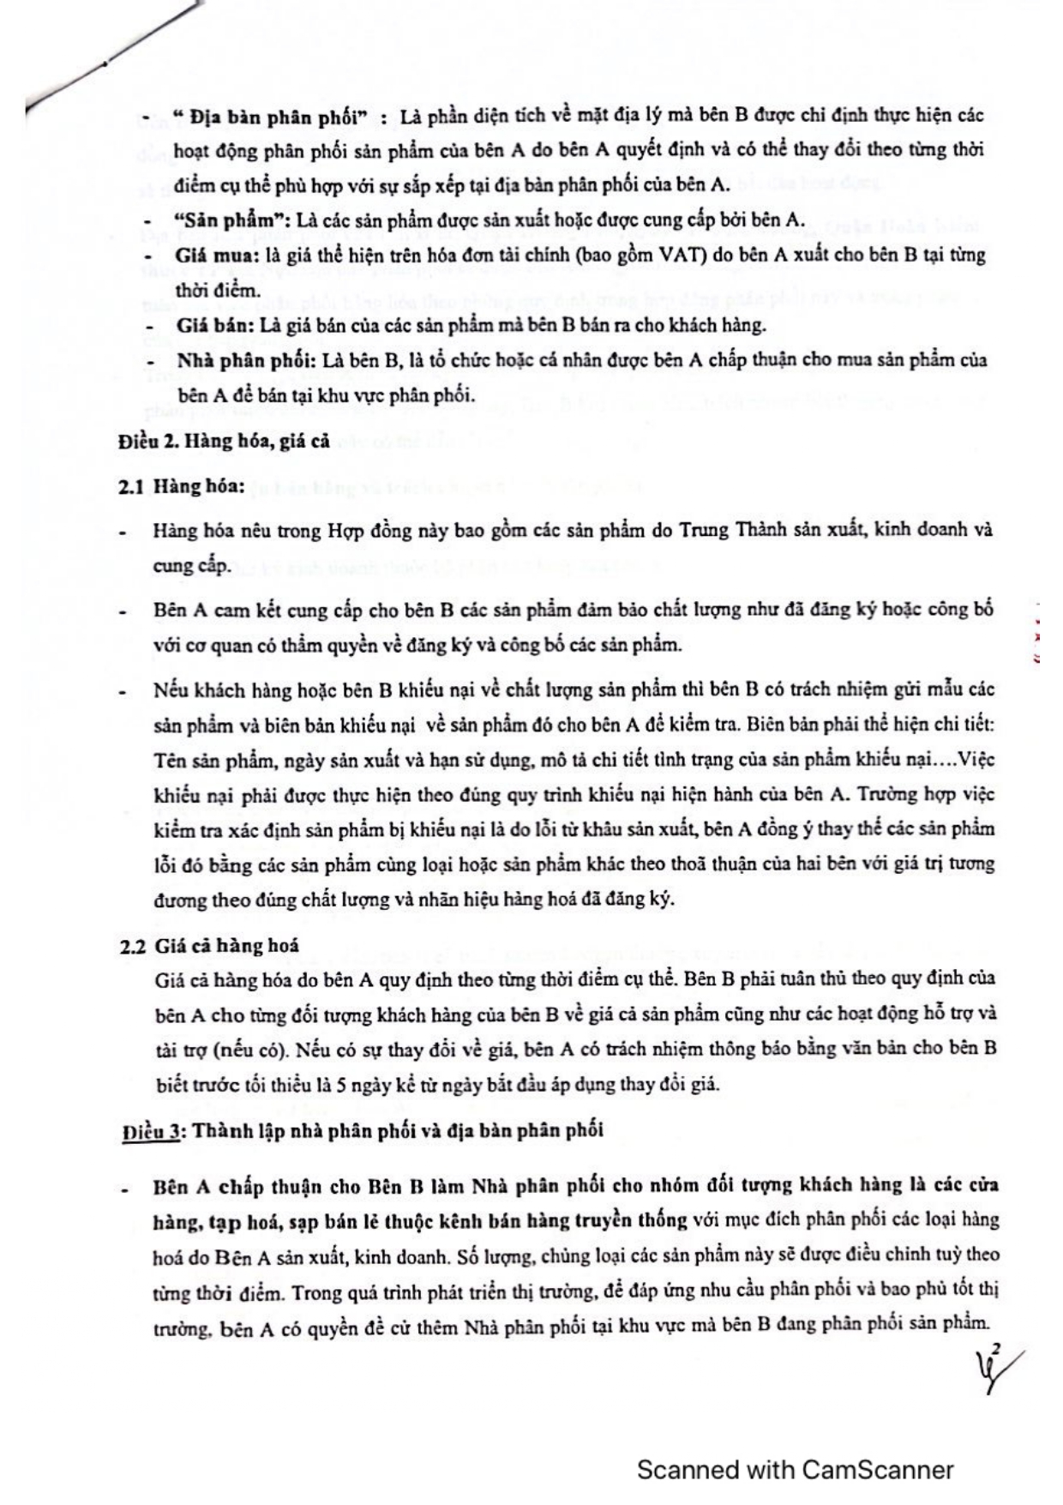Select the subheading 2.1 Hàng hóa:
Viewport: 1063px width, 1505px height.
coord(182,486)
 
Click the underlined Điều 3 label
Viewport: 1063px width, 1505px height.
coord(150,1130)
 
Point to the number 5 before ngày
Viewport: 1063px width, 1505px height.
coord(340,1084)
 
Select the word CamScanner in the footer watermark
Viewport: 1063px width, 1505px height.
coord(877,1470)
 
